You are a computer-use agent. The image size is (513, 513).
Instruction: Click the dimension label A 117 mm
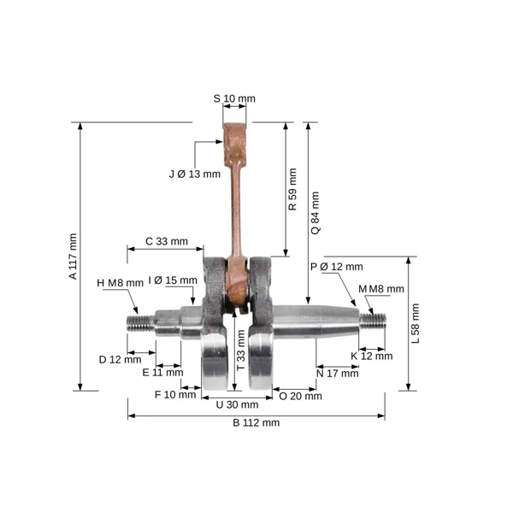point(73,256)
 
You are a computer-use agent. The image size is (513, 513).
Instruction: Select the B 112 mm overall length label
point(256,422)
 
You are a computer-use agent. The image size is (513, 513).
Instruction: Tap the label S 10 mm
point(234,98)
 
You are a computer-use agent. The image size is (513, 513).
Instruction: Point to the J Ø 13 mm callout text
point(195,174)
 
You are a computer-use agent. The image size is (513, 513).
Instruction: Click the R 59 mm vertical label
point(292,189)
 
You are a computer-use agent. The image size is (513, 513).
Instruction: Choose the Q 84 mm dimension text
point(315,213)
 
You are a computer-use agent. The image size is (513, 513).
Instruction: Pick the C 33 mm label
point(167,241)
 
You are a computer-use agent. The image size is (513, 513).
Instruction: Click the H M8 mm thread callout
point(120,283)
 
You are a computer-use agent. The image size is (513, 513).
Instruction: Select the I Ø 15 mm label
point(173,280)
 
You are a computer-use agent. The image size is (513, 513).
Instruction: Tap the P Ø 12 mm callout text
point(337,267)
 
